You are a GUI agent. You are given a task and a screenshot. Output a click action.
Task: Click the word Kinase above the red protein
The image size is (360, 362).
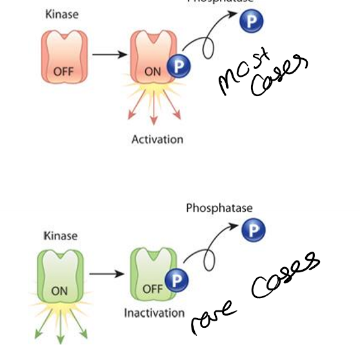point(61,14)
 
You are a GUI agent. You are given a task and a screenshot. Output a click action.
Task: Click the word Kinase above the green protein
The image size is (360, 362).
point(60,236)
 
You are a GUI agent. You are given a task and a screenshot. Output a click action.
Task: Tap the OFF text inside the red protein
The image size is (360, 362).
point(64,72)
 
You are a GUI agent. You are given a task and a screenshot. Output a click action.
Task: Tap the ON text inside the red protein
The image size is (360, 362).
point(153,72)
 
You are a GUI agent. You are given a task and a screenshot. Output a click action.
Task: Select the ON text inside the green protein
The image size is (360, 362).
point(59,291)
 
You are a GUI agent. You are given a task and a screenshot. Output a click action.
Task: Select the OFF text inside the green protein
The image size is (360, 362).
point(152,288)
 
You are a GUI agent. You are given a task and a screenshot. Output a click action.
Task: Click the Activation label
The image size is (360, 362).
point(157,139)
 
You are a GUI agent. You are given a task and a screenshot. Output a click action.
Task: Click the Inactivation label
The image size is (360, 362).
point(154,313)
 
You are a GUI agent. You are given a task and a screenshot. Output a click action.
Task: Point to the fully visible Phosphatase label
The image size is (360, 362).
point(219,208)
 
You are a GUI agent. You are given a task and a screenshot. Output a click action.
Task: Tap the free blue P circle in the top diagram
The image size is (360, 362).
point(251,22)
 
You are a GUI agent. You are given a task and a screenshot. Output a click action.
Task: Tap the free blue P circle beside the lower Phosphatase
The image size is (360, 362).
point(254,230)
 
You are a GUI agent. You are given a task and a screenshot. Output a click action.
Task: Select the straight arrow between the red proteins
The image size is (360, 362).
point(109,54)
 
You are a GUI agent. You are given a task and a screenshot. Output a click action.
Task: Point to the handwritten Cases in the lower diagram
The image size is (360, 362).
point(285,278)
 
